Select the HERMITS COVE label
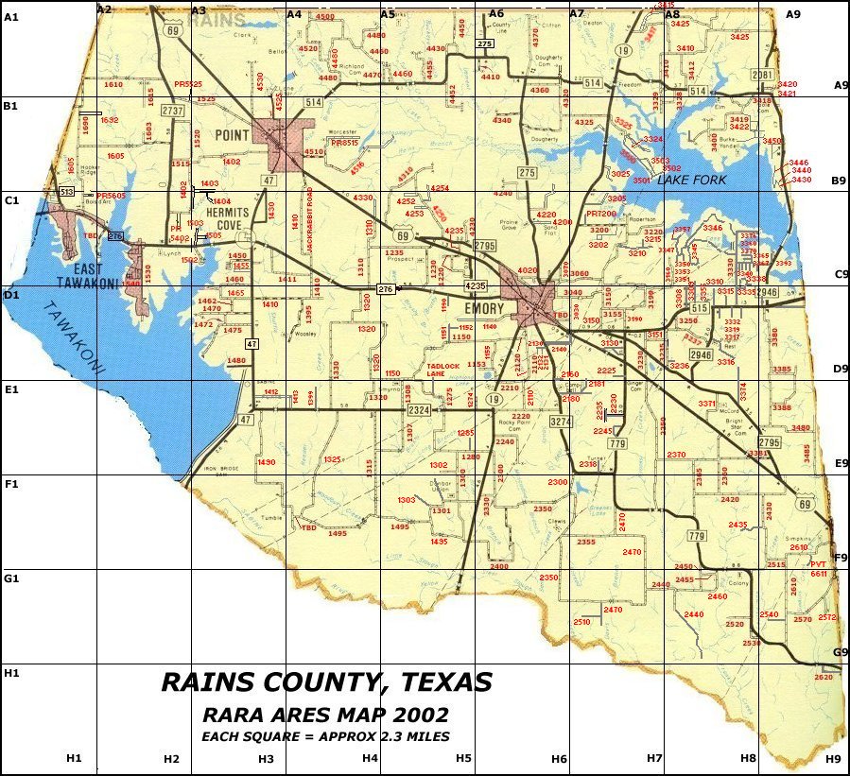pos(227,218)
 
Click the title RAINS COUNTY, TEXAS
pos(326,682)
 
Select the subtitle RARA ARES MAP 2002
pos(325,715)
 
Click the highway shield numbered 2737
pos(172,111)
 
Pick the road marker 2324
pos(419,409)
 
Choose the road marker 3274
pos(562,421)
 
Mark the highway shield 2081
pos(763,75)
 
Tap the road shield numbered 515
pos(700,309)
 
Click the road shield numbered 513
pos(67,192)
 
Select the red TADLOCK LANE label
pos(442,370)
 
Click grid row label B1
pos(11,106)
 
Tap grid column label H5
pos(463,758)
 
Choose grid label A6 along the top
pos(496,13)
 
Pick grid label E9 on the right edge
pos(841,463)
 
